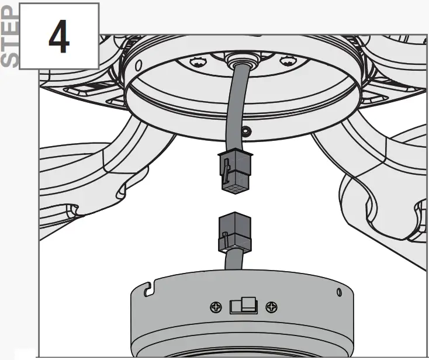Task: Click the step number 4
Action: tap(58, 36)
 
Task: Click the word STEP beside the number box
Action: tap(10, 36)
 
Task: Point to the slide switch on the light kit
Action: tap(242, 306)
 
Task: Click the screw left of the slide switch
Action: tap(216, 306)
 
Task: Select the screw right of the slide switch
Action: tap(270, 306)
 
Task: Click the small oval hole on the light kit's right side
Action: tap(339, 292)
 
